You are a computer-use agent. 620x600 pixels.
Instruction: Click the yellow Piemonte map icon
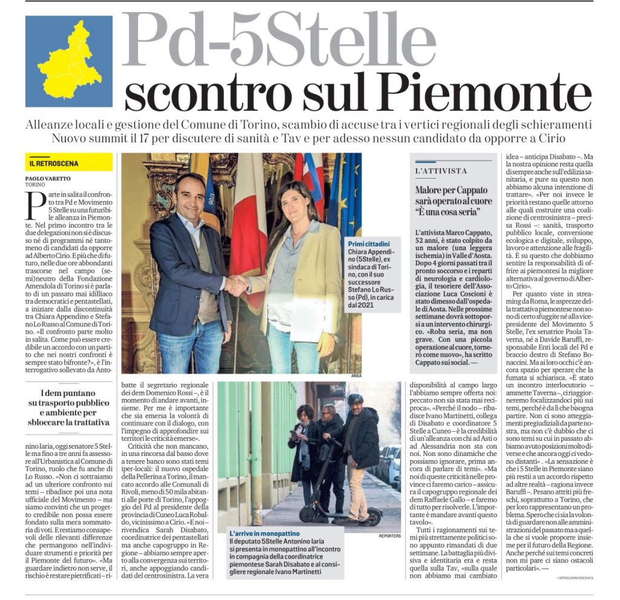point(68,61)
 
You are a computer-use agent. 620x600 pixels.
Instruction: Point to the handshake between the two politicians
point(236,284)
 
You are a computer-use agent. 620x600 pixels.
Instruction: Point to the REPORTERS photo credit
point(389,536)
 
